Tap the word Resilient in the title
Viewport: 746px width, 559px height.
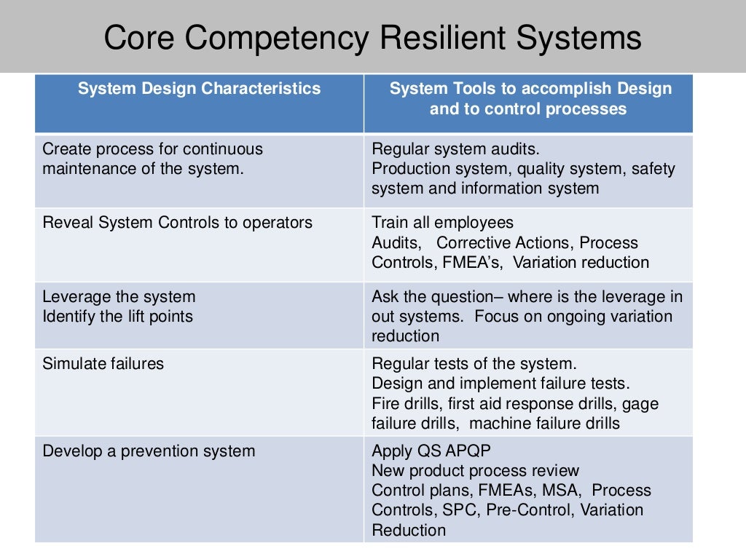pos(439,39)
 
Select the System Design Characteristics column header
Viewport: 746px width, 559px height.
pos(199,89)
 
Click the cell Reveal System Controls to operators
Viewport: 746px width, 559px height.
pos(177,223)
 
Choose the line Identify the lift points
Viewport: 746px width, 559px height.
pos(117,317)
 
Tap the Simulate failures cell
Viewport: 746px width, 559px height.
pos(103,363)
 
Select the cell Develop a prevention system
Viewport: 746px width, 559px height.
pos(149,451)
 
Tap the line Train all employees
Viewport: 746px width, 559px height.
pos(442,223)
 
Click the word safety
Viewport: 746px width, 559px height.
pos(653,169)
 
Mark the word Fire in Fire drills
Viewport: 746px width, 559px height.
pos(386,403)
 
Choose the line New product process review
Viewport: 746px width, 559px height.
pos(476,471)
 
